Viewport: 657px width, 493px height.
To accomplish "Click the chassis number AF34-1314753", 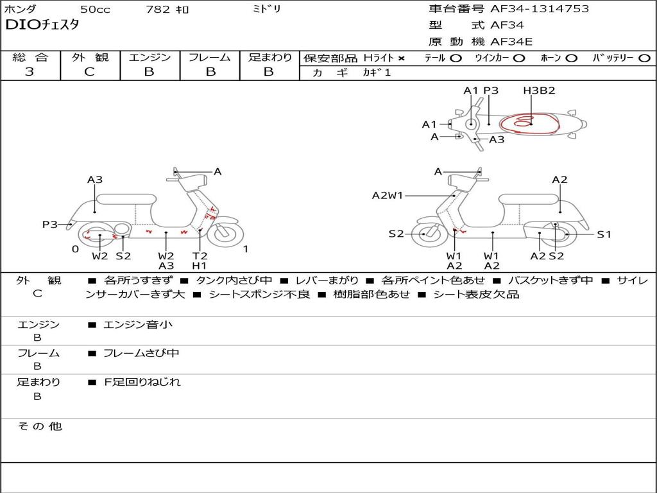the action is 540,9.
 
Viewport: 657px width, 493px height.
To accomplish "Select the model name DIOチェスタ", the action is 42,25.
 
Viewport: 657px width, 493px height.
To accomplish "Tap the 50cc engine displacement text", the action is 95,9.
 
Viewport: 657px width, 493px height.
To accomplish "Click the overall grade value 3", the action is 30,72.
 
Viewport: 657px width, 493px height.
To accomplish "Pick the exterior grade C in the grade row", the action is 90,72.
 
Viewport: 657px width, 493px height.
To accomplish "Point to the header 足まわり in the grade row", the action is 270,57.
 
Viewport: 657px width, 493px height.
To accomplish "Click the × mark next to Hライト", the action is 402,58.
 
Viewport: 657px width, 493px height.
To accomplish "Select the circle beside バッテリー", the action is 644,58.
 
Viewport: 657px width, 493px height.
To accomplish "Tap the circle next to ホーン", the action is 571,58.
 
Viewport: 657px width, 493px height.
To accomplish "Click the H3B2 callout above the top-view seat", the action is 539,91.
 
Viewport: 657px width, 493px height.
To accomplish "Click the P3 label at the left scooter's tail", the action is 50,225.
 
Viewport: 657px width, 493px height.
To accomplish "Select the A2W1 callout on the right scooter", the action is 387,195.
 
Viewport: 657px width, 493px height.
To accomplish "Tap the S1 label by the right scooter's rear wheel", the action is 604,234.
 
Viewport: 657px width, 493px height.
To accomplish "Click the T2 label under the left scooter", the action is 200,255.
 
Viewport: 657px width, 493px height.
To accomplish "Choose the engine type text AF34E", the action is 511,42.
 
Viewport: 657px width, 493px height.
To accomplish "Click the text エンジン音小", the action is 137,324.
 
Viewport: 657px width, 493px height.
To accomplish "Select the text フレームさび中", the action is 141,353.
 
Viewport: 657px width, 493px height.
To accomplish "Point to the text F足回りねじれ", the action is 142,382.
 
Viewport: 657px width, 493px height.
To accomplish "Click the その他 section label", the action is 39,426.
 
